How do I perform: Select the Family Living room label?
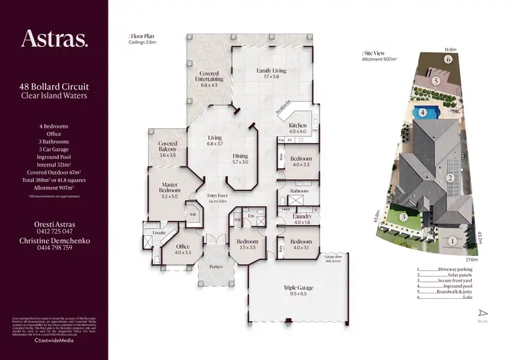[x=271, y=71]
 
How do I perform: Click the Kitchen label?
[x=299, y=126]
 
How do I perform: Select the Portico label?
[x=216, y=267]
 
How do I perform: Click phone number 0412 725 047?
[x=54, y=232]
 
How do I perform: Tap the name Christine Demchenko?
[x=54, y=240]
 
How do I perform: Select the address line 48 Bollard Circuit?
[x=54, y=88]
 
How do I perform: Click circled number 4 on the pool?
[x=422, y=113]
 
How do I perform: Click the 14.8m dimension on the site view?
[x=449, y=49]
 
